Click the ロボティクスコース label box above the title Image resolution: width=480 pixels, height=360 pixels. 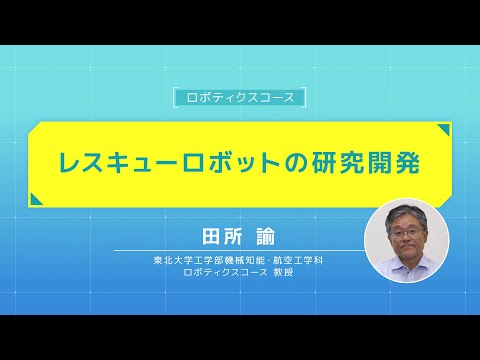[x=239, y=98]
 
